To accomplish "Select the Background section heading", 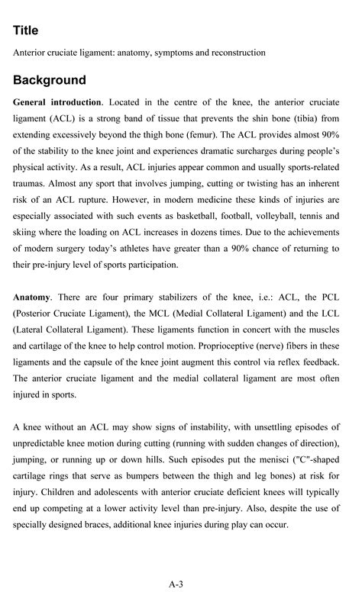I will tap(50, 80).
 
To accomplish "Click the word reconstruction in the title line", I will tap(238, 53).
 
